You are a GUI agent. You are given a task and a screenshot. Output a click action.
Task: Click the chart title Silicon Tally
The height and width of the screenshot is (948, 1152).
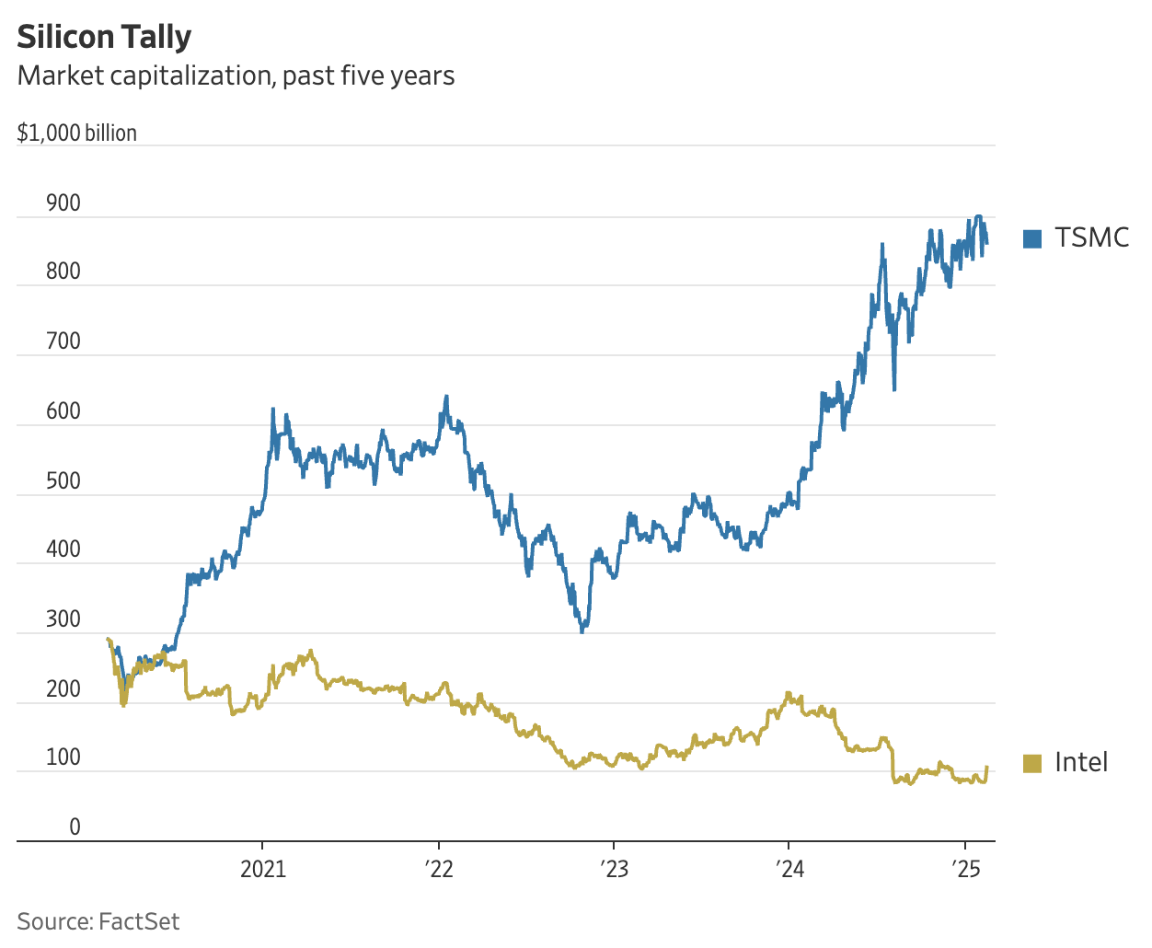[104, 37]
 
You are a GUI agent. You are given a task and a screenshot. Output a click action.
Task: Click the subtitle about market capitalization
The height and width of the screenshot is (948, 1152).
[236, 75]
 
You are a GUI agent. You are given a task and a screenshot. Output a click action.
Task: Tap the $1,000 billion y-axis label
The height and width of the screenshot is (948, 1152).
[77, 133]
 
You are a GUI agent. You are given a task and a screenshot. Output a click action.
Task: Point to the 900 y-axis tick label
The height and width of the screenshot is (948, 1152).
[63, 203]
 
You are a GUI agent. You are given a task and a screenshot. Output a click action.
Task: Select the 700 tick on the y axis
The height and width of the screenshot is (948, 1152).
[63, 341]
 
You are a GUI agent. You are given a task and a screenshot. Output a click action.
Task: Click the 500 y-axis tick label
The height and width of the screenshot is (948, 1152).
[63, 480]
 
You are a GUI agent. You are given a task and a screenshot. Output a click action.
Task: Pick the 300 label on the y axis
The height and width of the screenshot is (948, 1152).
[63, 619]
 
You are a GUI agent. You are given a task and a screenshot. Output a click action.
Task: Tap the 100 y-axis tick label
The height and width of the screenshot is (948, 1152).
[63, 757]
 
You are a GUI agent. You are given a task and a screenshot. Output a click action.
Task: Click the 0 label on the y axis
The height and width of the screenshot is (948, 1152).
[75, 827]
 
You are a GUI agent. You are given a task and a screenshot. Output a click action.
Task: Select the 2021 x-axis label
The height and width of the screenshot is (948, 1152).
[263, 869]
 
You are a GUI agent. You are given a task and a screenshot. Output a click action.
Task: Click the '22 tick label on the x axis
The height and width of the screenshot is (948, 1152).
[439, 869]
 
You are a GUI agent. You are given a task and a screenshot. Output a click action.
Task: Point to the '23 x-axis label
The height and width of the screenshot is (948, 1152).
[614, 869]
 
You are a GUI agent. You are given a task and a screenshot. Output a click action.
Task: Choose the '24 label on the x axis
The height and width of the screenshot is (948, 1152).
[789, 869]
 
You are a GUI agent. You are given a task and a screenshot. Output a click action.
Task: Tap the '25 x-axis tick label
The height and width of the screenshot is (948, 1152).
[964, 869]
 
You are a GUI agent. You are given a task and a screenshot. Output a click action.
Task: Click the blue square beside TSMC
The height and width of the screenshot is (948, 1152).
[1032, 238]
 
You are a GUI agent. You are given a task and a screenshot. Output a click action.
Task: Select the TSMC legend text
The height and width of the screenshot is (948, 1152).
[1091, 237]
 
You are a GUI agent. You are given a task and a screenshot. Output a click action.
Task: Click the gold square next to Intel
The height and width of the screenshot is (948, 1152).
[1032, 763]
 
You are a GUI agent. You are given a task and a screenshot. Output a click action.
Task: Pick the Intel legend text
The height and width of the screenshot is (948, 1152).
[1081, 762]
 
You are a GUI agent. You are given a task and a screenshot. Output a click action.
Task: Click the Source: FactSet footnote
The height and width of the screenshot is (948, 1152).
[98, 921]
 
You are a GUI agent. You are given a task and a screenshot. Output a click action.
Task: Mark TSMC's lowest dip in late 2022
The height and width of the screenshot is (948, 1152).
[582, 630]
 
